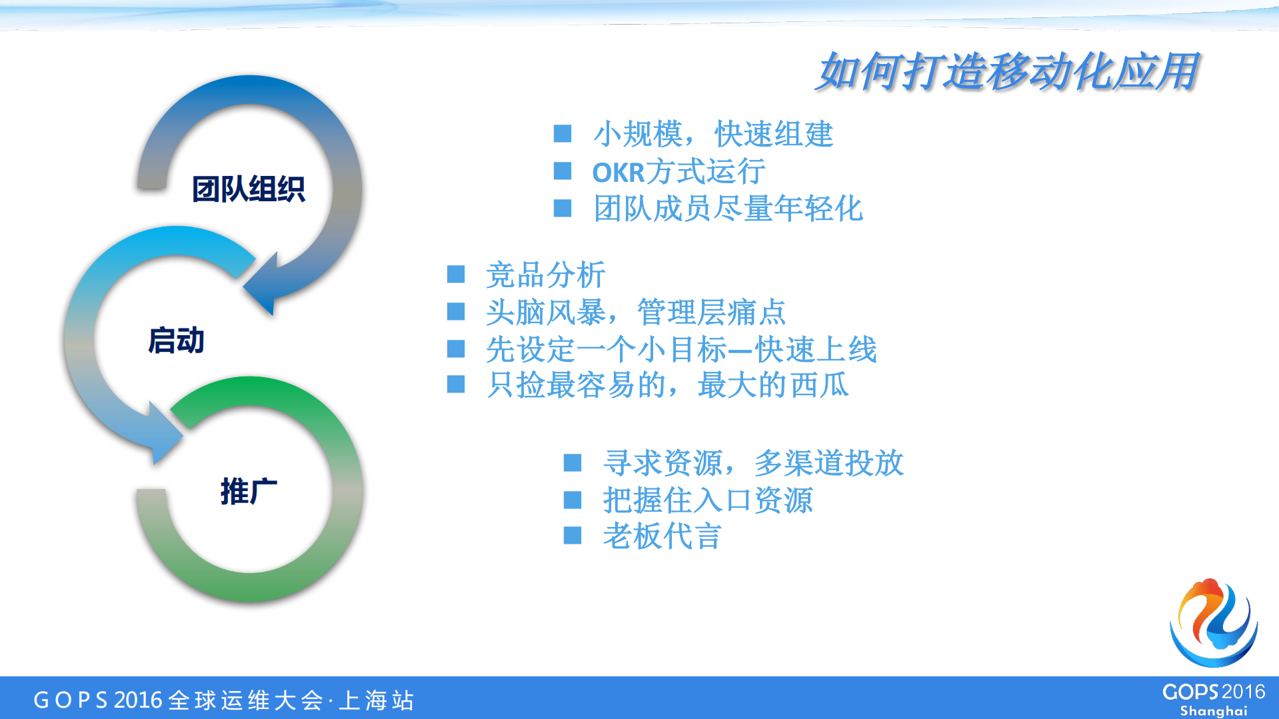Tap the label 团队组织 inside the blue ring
pyautogui.click(x=248, y=189)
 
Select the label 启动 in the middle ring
pyautogui.click(x=176, y=341)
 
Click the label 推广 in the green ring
pyautogui.click(x=248, y=492)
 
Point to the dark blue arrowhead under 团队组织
pyautogui.click(x=263, y=287)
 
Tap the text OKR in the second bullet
pyautogui.click(x=618, y=173)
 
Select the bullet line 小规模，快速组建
pyautogui.click(x=712, y=134)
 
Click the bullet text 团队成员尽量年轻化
pyautogui.click(x=728, y=209)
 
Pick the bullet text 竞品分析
pyautogui.click(x=545, y=275)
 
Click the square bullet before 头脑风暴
pyautogui.click(x=456, y=311)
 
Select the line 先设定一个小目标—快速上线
pyautogui.click(x=681, y=349)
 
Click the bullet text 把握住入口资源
pyautogui.click(x=708, y=500)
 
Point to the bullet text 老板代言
pyautogui.click(x=662, y=536)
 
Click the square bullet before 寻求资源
pyautogui.click(x=573, y=462)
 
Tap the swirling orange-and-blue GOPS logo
pyautogui.click(x=1214, y=622)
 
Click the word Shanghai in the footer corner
pyautogui.click(x=1213, y=711)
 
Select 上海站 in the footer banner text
pyautogui.click(x=377, y=700)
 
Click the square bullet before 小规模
pyautogui.click(x=563, y=134)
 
